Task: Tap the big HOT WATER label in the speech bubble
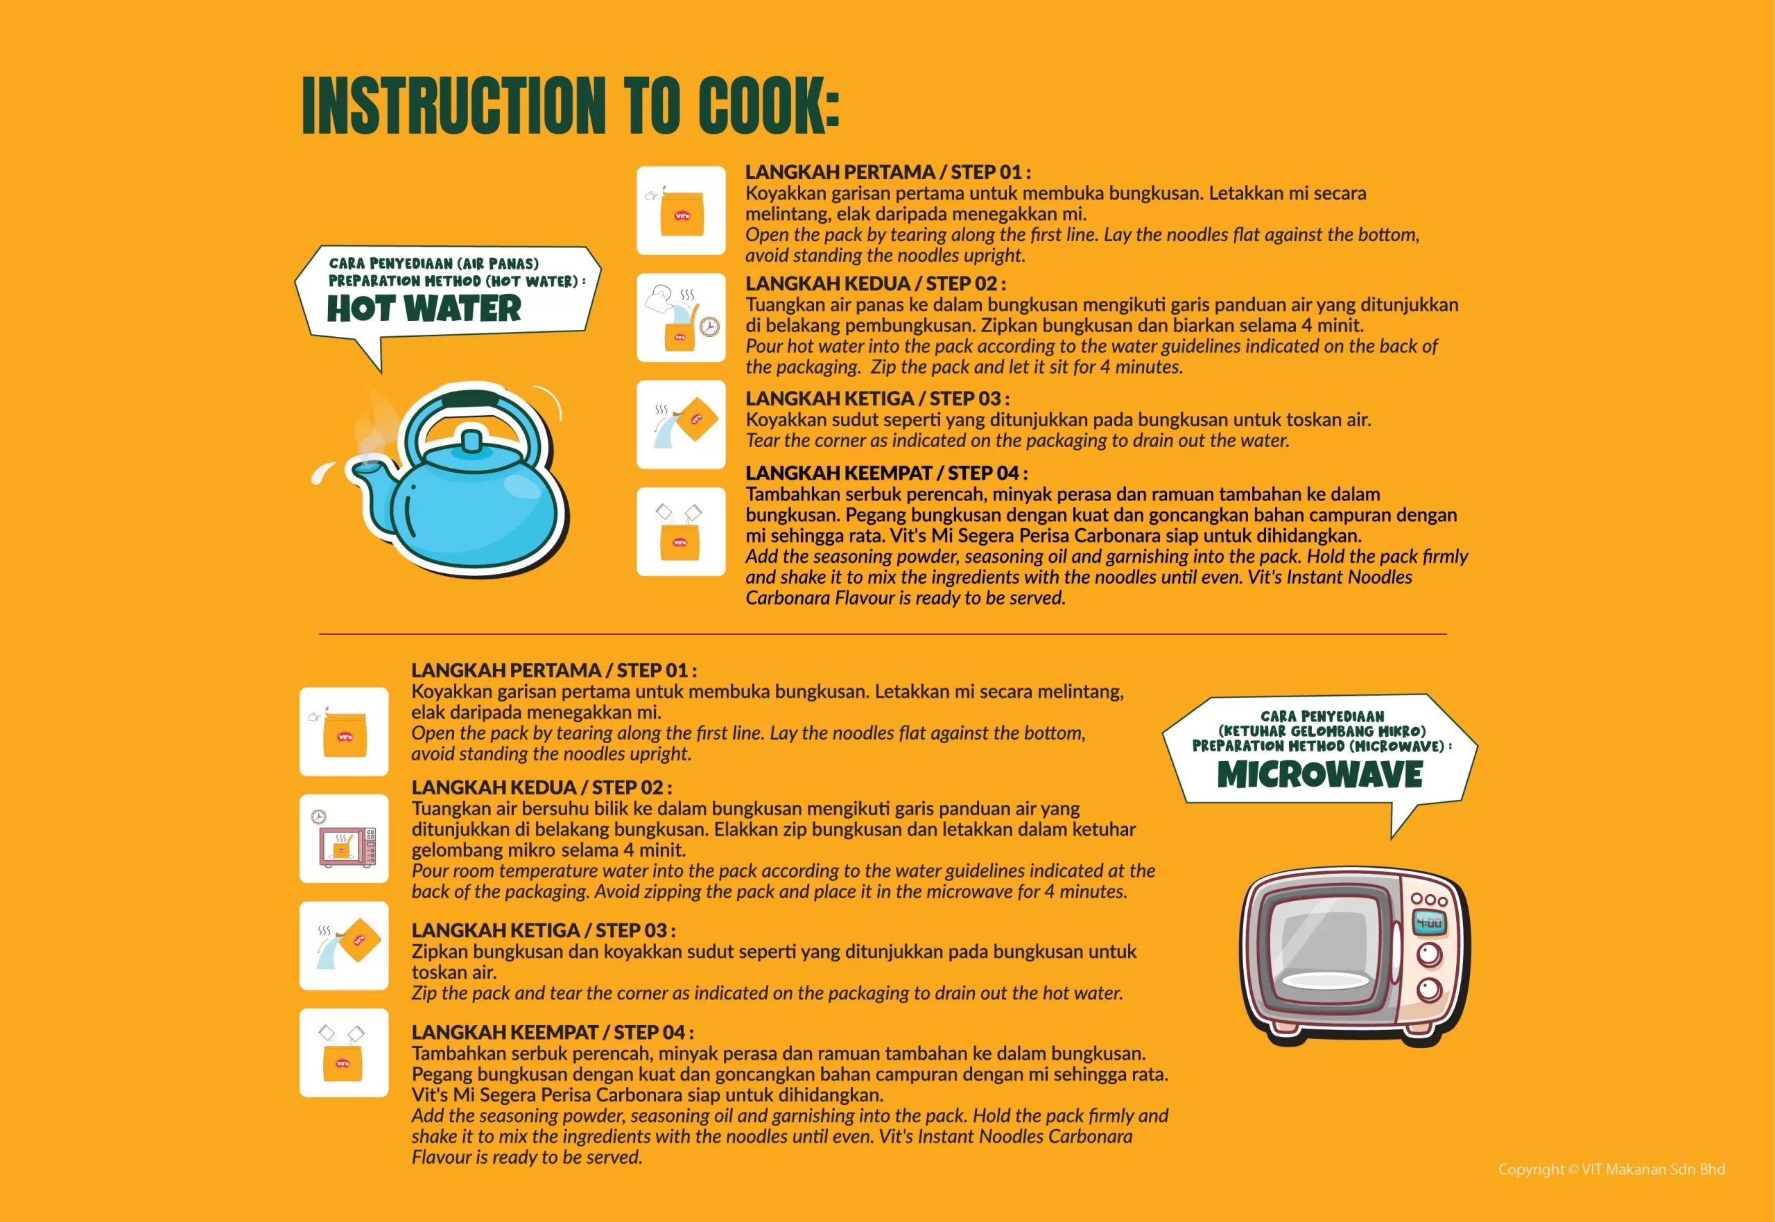click(x=424, y=308)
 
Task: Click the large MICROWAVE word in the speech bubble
click(x=1319, y=774)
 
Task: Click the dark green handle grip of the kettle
click(x=471, y=399)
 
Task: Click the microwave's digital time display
click(x=1429, y=923)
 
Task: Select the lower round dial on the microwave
click(x=1429, y=989)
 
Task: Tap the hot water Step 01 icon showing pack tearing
click(x=681, y=211)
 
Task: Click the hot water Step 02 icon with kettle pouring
click(x=681, y=317)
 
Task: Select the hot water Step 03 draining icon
click(x=681, y=425)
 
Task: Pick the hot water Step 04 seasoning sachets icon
click(x=681, y=532)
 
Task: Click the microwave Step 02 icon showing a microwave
click(x=344, y=839)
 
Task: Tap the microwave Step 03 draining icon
click(x=344, y=945)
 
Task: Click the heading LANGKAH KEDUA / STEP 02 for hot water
click(x=875, y=284)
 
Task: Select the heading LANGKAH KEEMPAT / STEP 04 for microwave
click(x=552, y=1032)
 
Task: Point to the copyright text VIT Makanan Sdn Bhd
click(x=1653, y=1169)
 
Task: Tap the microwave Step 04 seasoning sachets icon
click(x=344, y=1053)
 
